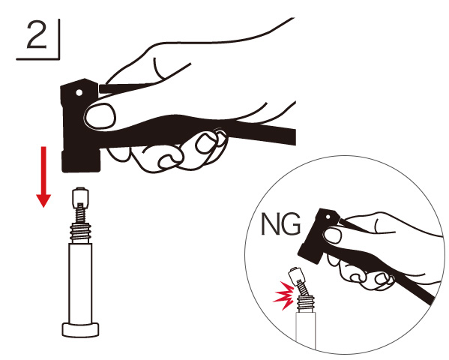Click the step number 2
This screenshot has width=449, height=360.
37,35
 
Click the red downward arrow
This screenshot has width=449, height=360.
43,177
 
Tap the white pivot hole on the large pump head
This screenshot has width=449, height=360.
79,92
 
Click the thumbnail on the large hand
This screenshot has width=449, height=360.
100,115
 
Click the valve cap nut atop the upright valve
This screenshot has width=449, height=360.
80,197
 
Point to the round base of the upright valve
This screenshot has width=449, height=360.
80,329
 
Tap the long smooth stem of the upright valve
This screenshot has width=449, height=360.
80,283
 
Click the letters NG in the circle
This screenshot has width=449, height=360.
281,223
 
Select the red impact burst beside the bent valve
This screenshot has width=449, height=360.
283,295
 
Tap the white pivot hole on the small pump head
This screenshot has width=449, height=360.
328,217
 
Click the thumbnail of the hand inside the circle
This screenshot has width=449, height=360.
333,235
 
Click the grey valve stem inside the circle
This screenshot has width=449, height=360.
306,331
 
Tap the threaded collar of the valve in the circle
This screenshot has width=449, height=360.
306,303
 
